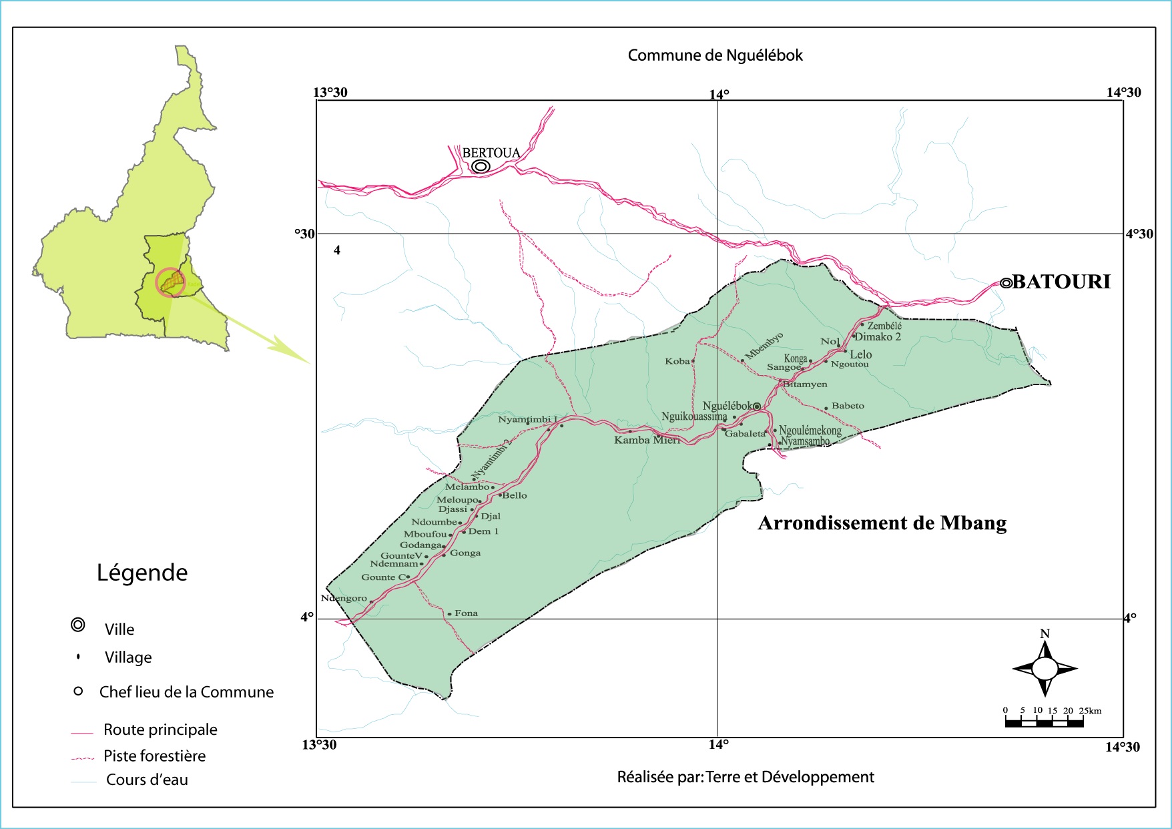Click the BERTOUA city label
pos(491,153)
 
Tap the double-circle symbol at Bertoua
pos(481,166)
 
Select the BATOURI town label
pos(1061,282)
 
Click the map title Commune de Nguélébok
pos(715,55)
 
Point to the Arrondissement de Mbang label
pos(882,523)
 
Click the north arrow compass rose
pos(1045,667)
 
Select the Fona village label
pos(466,613)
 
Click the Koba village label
pos(677,361)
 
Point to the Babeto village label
pos(848,406)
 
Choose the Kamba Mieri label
pos(647,440)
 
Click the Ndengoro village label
pos(344,598)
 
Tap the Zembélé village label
pos(884,326)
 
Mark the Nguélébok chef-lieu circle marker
pos(757,406)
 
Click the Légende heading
pos(142,573)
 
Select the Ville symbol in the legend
pos(78,625)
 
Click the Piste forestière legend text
pos(154,756)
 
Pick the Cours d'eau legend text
pos(147,780)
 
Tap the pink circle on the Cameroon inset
pos(170,282)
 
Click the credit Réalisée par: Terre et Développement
pos(745,777)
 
